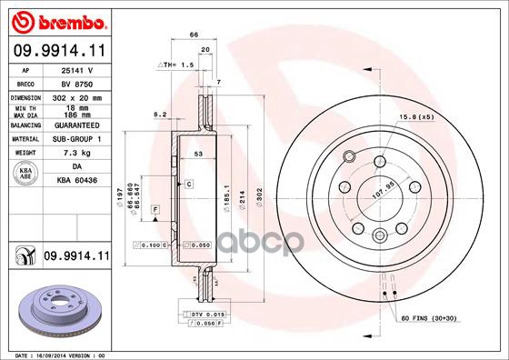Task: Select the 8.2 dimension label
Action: [x=159, y=115]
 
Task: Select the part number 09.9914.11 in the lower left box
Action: [x=73, y=258]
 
